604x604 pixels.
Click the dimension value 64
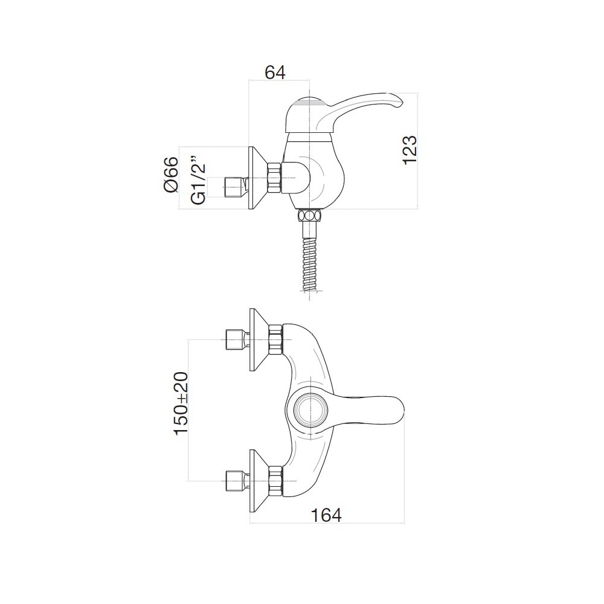pyautogui.click(x=275, y=73)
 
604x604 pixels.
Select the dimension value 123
pyautogui.click(x=410, y=150)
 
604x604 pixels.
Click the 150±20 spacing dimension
pyautogui.click(x=181, y=403)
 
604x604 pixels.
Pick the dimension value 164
pyautogui.click(x=326, y=515)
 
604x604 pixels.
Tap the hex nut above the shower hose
pyautogui.click(x=309, y=215)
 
